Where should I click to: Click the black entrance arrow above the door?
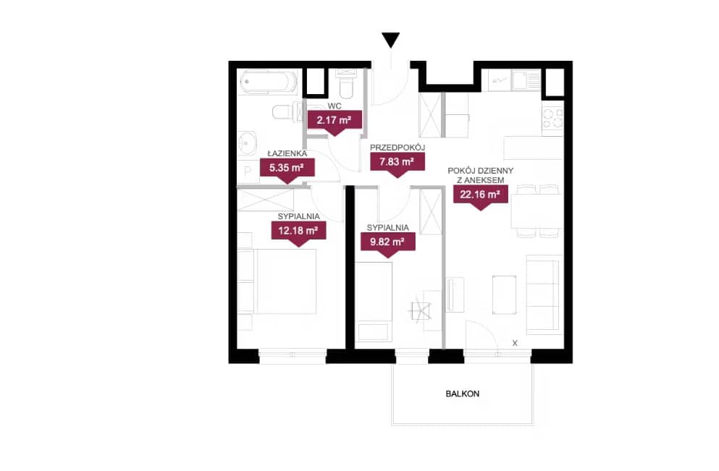pos(391,40)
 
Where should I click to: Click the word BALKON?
pos(463,394)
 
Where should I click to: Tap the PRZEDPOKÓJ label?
pos(398,148)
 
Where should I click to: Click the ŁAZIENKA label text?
pos(287,153)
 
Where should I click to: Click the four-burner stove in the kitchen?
pos(552,118)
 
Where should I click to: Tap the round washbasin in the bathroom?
pos(248,143)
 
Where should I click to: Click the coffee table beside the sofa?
pos(505,294)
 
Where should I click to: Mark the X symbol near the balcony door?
pos(515,343)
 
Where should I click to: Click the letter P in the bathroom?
pos(248,171)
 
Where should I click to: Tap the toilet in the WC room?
pos(345,86)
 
